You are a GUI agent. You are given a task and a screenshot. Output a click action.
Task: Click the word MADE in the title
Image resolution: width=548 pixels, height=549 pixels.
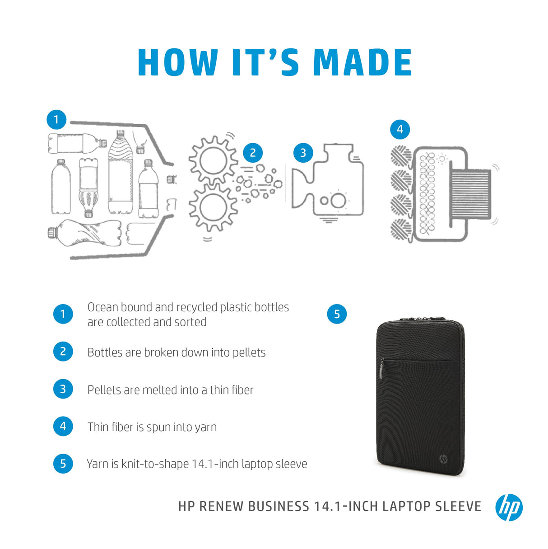click(362, 62)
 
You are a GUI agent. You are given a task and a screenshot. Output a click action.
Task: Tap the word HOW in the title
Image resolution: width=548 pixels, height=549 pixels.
click(177, 62)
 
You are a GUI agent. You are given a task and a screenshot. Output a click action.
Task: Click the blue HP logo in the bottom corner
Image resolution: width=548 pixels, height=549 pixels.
click(509, 507)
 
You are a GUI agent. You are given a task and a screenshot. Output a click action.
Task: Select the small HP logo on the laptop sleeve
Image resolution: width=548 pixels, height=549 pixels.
click(443, 459)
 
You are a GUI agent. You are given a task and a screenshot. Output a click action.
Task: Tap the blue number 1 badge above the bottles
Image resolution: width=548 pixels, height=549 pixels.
click(56, 120)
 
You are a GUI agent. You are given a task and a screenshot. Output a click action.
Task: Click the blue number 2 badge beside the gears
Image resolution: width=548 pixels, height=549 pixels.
click(253, 153)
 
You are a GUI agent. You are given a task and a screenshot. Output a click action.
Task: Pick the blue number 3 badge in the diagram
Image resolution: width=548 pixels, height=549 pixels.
click(303, 153)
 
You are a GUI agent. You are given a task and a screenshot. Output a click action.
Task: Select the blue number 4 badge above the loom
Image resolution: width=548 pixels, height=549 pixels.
click(399, 130)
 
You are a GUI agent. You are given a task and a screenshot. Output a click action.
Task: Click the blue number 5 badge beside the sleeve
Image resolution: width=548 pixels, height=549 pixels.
click(337, 314)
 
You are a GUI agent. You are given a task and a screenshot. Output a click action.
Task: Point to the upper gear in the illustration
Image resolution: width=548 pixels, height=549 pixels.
click(213, 159)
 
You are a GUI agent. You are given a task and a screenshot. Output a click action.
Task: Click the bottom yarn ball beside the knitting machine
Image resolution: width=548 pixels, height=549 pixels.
click(400, 229)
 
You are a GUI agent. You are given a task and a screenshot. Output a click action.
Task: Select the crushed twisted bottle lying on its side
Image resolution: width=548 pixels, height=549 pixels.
click(85, 233)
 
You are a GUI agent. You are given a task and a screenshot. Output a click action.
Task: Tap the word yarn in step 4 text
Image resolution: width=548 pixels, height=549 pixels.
click(205, 427)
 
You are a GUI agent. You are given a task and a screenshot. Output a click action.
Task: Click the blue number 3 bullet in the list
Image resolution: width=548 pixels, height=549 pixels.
click(63, 389)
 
